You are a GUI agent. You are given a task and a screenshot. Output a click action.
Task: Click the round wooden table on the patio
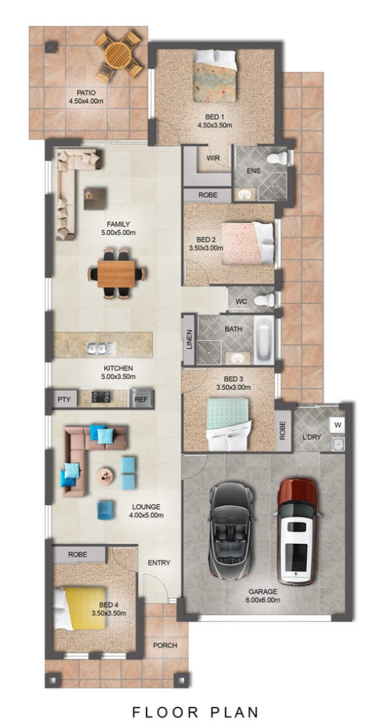[x=119, y=55]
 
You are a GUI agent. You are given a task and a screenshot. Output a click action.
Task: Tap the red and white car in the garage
[x=297, y=531]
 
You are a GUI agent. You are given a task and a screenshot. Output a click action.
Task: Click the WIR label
[x=213, y=158]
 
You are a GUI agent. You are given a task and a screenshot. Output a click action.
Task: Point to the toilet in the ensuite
[x=279, y=158]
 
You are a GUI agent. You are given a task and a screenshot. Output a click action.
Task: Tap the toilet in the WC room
[x=265, y=300]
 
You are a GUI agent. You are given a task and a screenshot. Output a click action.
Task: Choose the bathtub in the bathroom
[x=263, y=339]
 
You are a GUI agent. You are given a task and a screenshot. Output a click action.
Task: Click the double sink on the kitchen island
[x=101, y=347]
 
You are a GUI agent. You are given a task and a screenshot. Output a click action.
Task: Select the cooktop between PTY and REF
[x=100, y=397]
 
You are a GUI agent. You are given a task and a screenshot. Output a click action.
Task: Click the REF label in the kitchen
[x=140, y=399]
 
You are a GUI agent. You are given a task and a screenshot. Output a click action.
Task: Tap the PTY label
[x=64, y=399]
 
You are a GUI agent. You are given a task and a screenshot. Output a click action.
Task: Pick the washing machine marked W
[x=337, y=424]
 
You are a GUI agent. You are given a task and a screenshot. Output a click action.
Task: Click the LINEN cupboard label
[x=189, y=340]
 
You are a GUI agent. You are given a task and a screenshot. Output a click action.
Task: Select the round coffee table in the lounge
[x=105, y=475]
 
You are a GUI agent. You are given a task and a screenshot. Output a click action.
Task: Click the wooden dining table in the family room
[x=116, y=274]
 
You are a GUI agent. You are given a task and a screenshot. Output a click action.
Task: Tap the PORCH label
[x=166, y=645]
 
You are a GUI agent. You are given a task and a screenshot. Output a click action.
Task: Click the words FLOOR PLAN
[x=195, y=712]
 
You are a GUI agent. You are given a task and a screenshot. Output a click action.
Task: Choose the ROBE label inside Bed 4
[x=78, y=554]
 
